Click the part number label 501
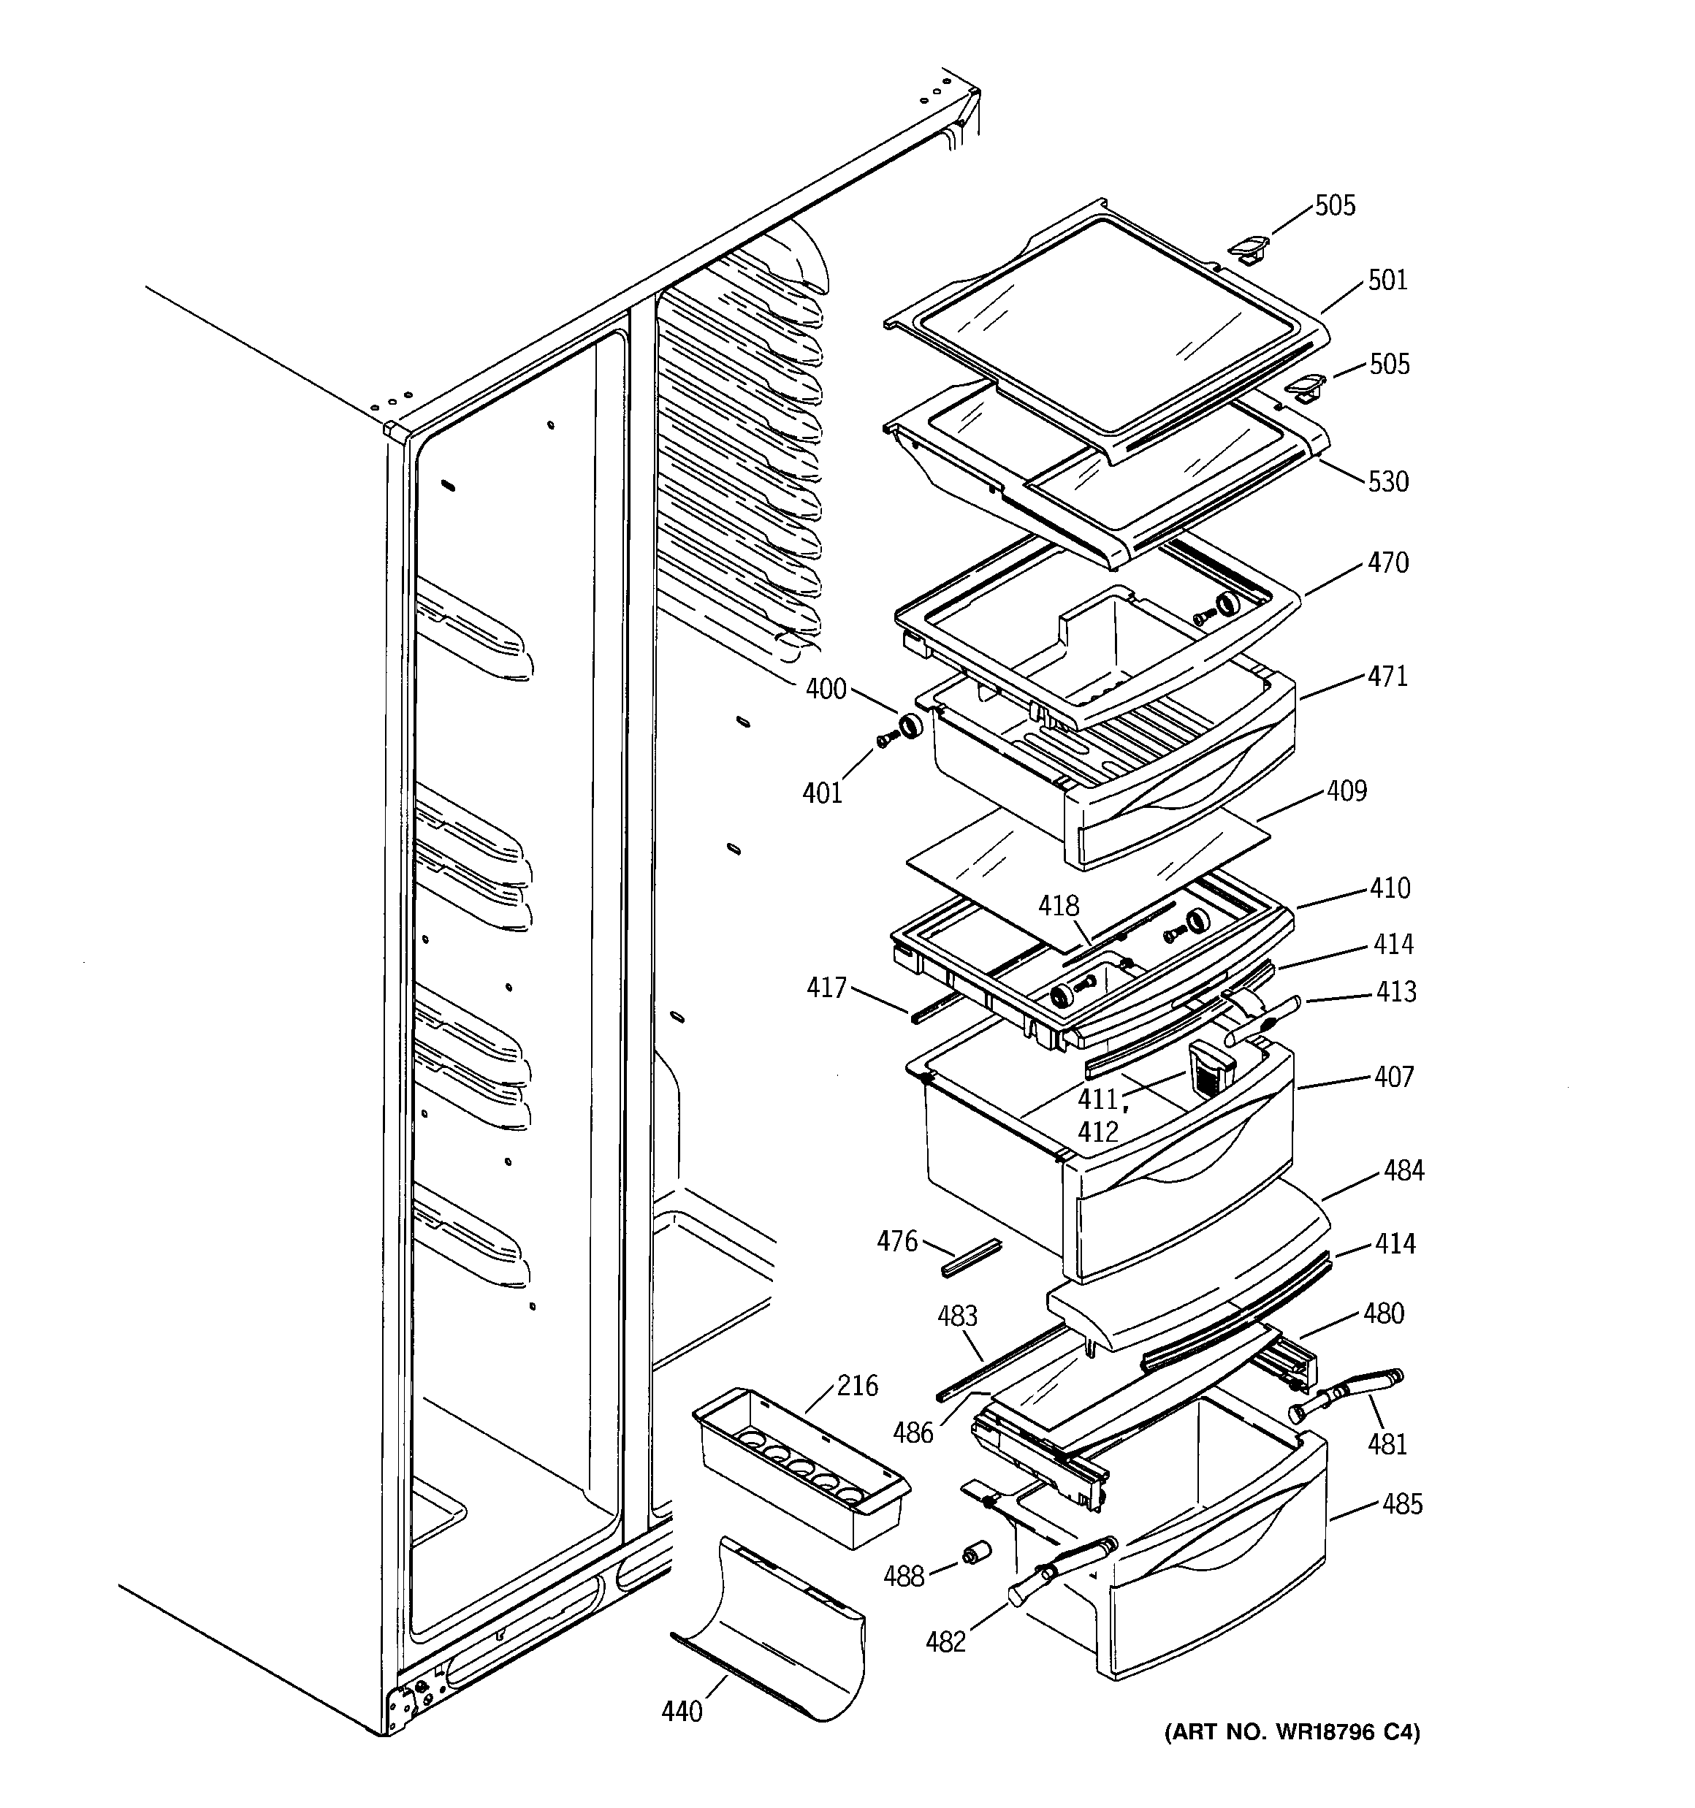coord(1387,280)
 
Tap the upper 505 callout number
coord(1335,205)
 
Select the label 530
coord(1387,481)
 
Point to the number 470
coord(1387,563)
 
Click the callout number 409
coord(1346,791)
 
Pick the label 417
coord(826,988)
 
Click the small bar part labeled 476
coord(972,1258)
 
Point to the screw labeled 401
coord(883,741)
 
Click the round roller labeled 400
coord(909,727)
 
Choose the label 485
coord(1401,1504)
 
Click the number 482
coord(945,1641)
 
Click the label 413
coord(1395,991)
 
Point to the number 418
coord(1059,906)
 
